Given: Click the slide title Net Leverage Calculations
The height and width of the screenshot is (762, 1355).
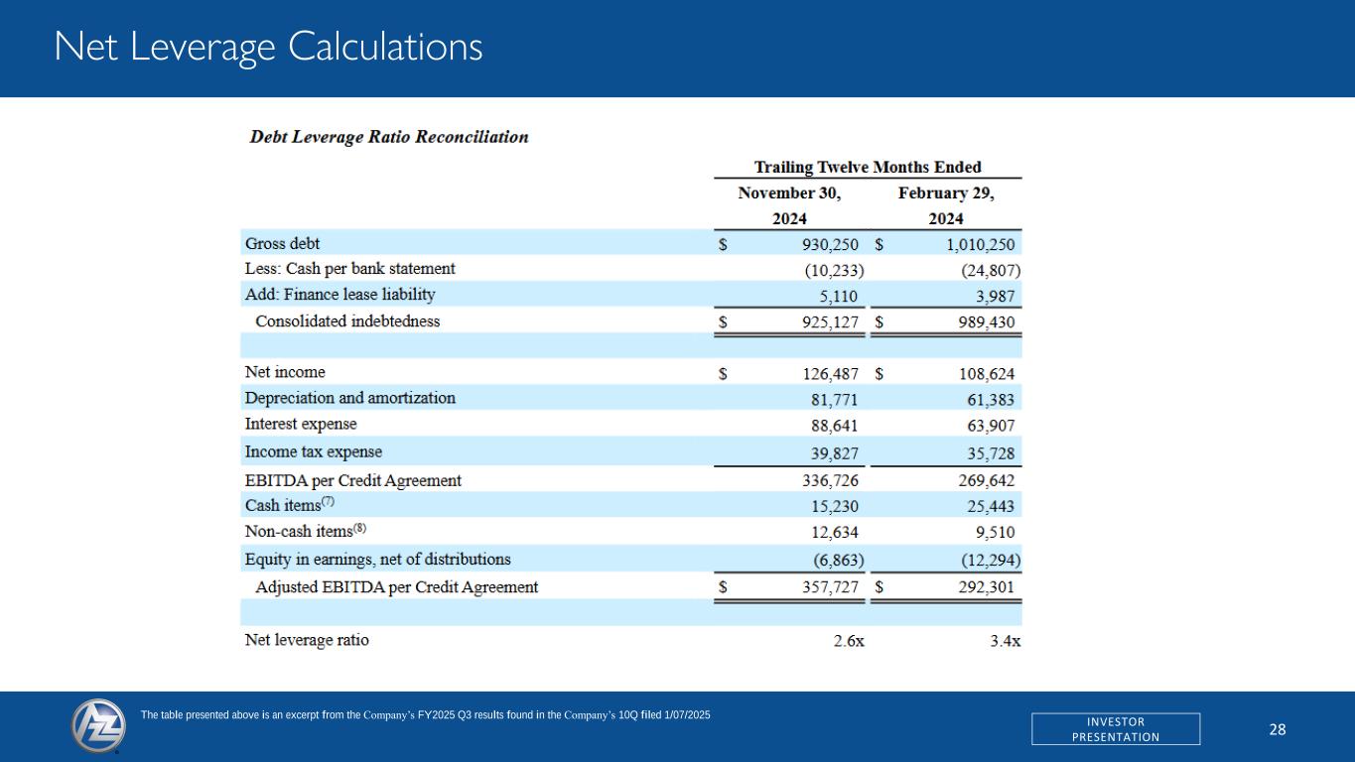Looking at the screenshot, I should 269,47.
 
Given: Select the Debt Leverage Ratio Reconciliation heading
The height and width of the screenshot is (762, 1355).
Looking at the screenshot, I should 388,137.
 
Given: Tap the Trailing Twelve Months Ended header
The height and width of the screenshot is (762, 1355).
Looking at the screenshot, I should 868,167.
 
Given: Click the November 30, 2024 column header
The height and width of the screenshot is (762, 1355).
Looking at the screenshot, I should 789,206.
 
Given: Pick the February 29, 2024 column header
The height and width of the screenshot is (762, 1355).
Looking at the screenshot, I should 945,206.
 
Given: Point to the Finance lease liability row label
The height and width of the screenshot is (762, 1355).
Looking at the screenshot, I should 339,295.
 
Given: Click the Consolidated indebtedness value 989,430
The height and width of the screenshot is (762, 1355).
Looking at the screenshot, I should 980,321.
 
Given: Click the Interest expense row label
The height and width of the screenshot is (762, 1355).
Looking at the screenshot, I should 301,425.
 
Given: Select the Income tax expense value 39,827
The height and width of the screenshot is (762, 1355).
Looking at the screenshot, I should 830,451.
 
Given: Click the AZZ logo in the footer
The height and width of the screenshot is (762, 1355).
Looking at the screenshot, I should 99,726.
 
